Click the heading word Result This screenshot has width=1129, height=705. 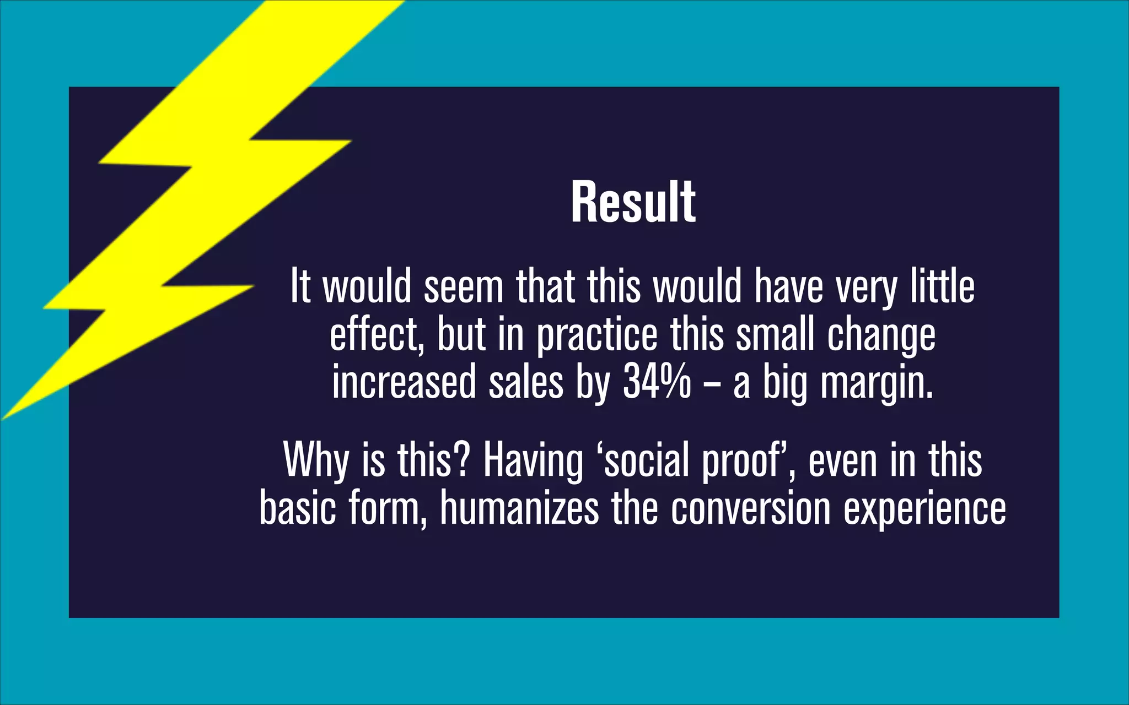(x=633, y=202)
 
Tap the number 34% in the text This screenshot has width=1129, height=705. (x=657, y=382)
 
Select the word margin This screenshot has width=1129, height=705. (x=877, y=384)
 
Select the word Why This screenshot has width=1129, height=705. (x=316, y=460)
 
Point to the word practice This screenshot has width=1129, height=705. (x=597, y=335)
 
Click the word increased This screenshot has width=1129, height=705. (x=404, y=382)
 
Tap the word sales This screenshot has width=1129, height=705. (x=526, y=382)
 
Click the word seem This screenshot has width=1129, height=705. (x=463, y=287)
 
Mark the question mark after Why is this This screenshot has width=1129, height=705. (x=463, y=460)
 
